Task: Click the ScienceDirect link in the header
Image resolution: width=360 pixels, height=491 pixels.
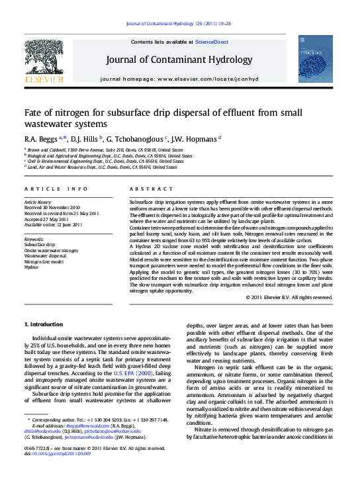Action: (x=212, y=42)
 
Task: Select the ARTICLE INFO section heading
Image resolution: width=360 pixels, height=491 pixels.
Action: (x=56, y=188)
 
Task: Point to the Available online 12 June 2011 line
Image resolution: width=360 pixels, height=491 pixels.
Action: (x=54, y=224)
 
